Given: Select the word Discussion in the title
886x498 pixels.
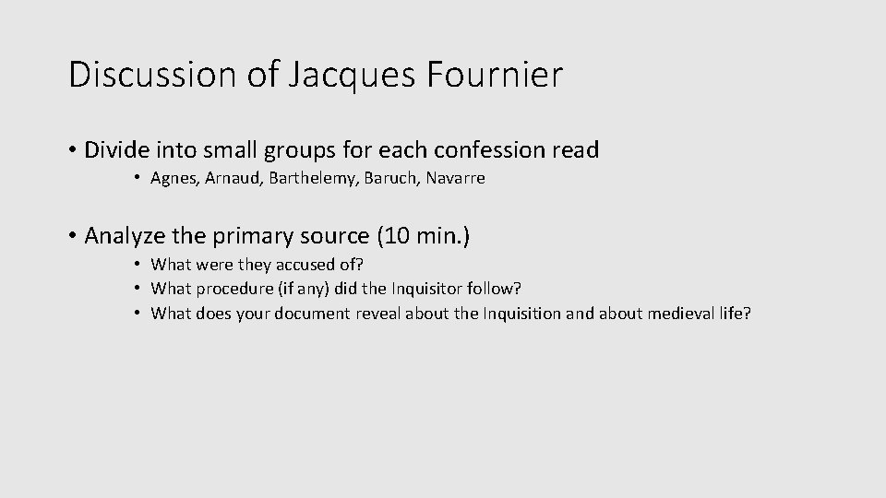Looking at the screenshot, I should pos(153,75).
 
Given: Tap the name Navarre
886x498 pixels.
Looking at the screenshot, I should pos(454,179).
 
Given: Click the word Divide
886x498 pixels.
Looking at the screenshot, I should pos(114,149).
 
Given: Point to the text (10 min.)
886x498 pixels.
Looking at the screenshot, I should pos(424,236).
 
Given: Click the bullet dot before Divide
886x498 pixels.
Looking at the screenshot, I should pos(72,149).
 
